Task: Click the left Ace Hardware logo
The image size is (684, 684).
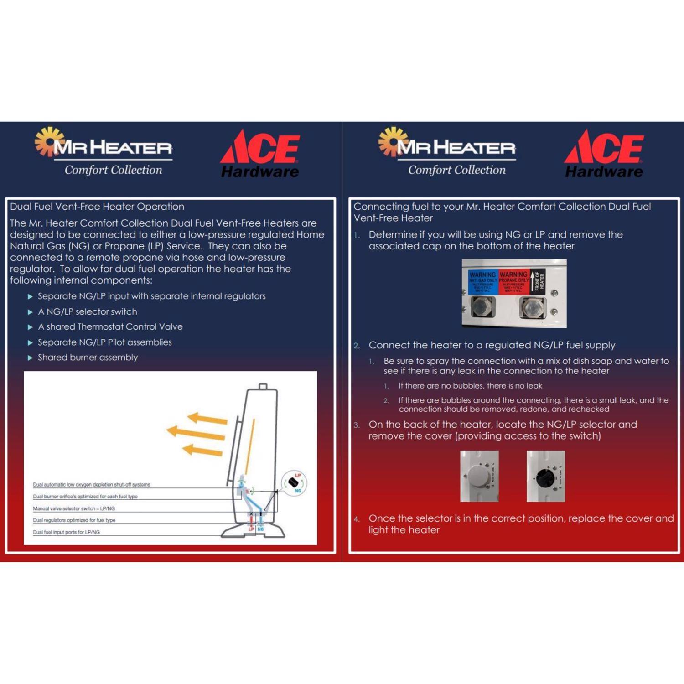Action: tap(260, 154)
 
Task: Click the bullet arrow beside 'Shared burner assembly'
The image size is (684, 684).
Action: tap(30, 358)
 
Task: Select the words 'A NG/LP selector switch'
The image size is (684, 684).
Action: tap(87, 311)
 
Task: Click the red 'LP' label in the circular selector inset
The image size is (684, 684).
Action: tap(298, 476)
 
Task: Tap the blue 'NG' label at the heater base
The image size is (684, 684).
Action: tap(260, 529)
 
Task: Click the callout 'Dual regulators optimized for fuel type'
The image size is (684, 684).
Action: tap(74, 520)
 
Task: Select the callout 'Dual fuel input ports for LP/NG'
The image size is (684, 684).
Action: tap(66, 532)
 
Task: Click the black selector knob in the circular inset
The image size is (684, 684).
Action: tap(292, 482)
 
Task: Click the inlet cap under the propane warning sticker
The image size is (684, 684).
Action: tap(532, 309)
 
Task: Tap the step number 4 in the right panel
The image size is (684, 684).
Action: tap(357, 519)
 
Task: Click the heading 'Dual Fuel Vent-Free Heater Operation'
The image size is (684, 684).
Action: tap(97, 207)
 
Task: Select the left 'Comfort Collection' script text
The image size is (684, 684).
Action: tap(113, 170)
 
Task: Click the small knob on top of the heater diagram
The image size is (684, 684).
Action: tap(263, 386)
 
